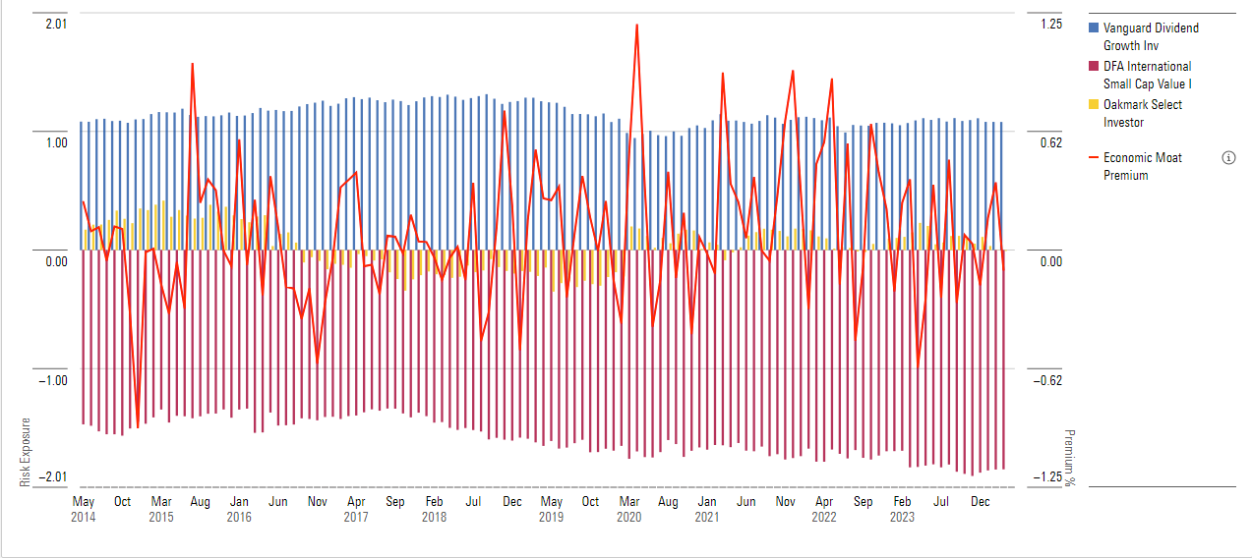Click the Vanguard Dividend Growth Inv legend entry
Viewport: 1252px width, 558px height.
(x=1150, y=37)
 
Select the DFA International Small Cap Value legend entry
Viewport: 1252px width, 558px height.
(x=1147, y=75)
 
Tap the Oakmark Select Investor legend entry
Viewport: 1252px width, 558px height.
(x=1143, y=113)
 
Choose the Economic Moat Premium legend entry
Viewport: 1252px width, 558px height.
(x=1142, y=166)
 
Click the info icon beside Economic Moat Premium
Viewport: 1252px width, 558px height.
(x=1228, y=158)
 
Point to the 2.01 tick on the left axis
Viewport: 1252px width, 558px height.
(x=56, y=24)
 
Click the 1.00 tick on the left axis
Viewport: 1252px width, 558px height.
(x=56, y=142)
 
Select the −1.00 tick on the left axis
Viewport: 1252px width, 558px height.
(x=53, y=380)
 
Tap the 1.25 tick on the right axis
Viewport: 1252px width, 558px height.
(x=1051, y=24)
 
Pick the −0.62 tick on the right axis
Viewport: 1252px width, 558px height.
(x=1048, y=380)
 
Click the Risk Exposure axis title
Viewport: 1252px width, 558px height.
(x=26, y=452)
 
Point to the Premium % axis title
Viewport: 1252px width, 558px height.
(x=1070, y=458)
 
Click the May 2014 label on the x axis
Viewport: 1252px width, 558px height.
(x=84, y=509)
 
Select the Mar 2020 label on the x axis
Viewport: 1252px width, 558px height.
(x=628, y=509)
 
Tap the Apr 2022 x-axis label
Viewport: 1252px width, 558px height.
(x=823, y=509)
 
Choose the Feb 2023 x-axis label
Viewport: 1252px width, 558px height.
(x=901, y=509)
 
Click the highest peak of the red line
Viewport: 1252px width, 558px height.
(x=637, y=25)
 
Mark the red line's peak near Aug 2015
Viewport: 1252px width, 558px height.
(x=192, y=63)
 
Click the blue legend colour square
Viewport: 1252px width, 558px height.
(x=1094, y=28)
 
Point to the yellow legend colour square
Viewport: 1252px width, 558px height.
(x=1094, y=105)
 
